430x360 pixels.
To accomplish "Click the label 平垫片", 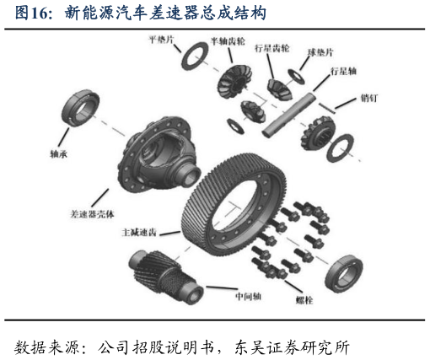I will (163, 39).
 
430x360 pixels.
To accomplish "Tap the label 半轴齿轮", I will (228, 40).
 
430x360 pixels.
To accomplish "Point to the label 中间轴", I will (250, 296).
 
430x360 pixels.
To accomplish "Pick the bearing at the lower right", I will (345, 271).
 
